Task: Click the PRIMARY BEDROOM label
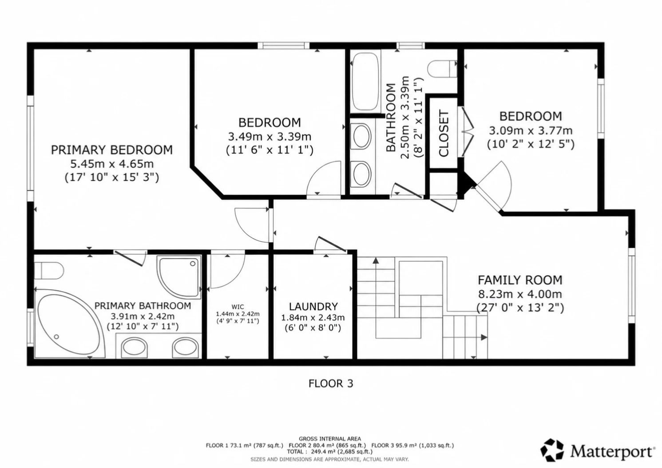pyautogui.click(x=112, y=150)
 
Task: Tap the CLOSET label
pyautogui.click(x=444, y=133)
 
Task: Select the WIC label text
pyautogui.click(x=238, y=307)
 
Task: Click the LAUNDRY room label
pyautogui.click(x=313, y=307)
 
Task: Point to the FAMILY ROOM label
pyautogui.click(x=520, y=280)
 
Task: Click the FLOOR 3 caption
pyautogui.click(x=331, y=384)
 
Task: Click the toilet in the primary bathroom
pyautogui.click(x=49, y=271)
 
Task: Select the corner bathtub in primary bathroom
pyautogui.click(x=70, y=324)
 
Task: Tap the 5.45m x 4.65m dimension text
pyautogui.click(x=112, y=164)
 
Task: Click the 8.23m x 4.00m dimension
pyautogui.click(x=520, y=294)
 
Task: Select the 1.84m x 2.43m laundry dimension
pyautogui.click(x=313, y=318)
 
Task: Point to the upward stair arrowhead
pyautogui.click(x=376, y=260)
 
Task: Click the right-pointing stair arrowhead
pyautogui.click(x=484, y=337)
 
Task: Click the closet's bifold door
pyautogui.click(x=466, y=131)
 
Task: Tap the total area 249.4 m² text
pyautogui.click(x=329, y=452)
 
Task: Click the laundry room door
pyautogui.click(x=331, y=244)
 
